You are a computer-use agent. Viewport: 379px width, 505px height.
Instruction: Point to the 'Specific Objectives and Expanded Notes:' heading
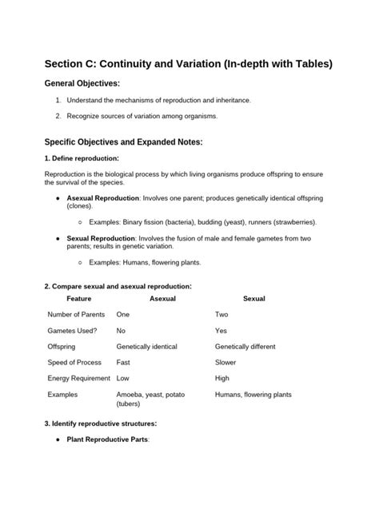click(x=124, y=141)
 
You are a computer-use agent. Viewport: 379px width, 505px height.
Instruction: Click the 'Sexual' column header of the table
click(x=253, y=298)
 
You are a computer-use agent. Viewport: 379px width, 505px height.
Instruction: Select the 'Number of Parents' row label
click(x=78, y=315)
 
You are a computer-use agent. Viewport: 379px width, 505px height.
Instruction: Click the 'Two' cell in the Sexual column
click(x=221, y=315)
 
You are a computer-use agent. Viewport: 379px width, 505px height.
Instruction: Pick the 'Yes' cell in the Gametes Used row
click(x=221, y=331)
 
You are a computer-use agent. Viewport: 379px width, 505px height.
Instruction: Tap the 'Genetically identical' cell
click(x=151, y=347)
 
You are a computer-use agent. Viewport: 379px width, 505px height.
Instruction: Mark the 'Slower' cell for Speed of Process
click(x=227, y=363)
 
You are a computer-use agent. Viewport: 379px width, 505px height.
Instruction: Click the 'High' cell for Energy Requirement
click(x=222, y=379)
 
